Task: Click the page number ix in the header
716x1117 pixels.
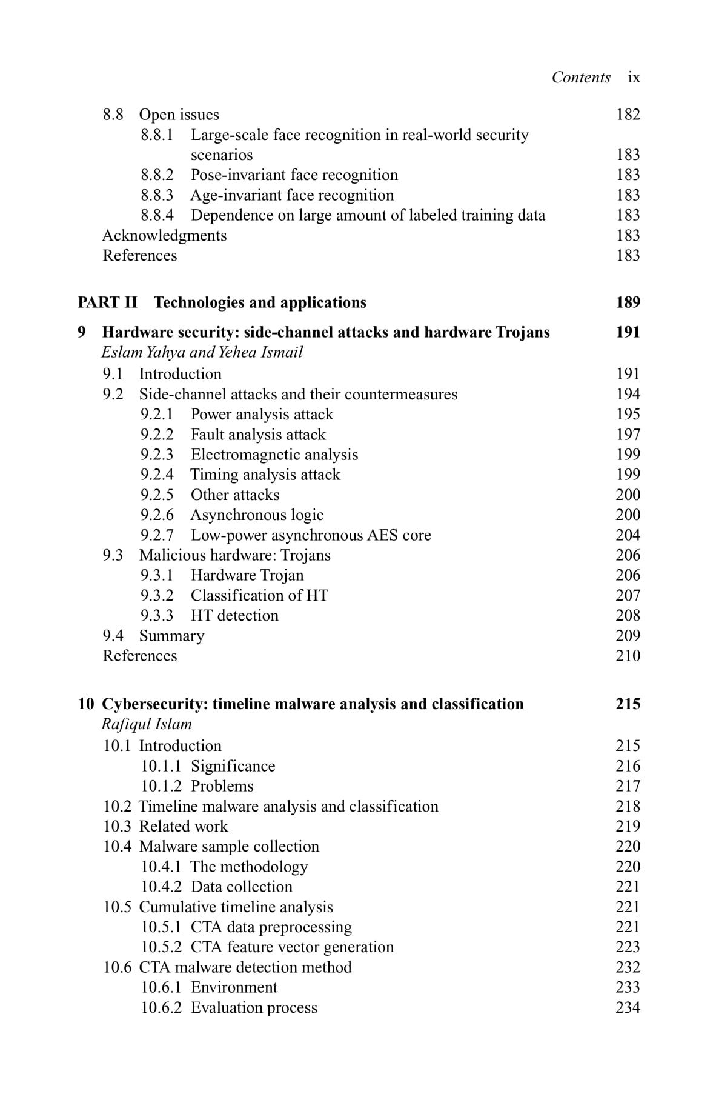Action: click(634, 78)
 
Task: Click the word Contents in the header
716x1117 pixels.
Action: click(581, 78)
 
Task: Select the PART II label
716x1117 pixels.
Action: click(108, 302)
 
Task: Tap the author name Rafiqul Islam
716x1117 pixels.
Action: click(147, 724)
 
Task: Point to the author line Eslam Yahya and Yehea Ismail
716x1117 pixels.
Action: click(202, 352)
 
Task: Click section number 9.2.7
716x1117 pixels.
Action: click(157, 535)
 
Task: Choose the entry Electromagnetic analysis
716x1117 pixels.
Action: click(274, 455)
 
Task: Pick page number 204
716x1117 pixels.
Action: click(628, 535)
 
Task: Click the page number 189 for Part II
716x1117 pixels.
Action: click(628, 302)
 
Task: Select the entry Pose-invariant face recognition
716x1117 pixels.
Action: click(294, 175)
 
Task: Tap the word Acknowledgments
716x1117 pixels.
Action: click(164, 235)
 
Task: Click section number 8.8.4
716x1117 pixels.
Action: click(157, 215)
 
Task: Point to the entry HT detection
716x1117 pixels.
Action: click(234, 616)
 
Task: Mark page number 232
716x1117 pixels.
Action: click(628, 967)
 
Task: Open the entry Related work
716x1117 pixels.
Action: click(183, 827)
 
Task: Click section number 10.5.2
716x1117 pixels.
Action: click(161, 947)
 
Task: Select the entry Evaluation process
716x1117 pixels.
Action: click(254, 1008)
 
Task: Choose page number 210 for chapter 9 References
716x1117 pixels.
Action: click(628, 656)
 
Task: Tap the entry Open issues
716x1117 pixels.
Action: click(179, 115)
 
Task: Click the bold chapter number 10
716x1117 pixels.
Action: click(86, 704)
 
